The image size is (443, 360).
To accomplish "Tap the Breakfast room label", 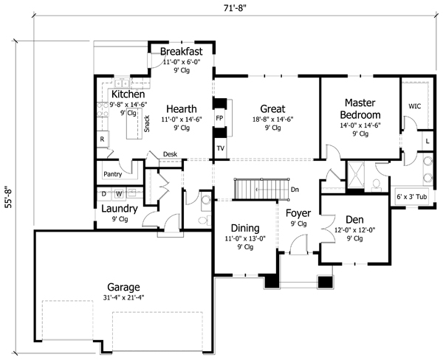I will [181, 53].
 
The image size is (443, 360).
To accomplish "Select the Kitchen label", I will [127, 95].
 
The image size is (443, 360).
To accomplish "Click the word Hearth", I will [181, 108].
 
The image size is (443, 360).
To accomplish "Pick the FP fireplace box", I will [219, 118].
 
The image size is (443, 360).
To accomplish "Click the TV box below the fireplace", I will [220, 148].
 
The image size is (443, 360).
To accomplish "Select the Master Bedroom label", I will [360, 109].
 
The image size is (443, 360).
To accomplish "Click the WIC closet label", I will [415, 106].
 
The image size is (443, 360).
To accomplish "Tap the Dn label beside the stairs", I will [295, 190].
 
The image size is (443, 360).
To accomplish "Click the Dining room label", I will [244, 229].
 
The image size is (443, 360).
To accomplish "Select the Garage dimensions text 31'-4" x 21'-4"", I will [123, 298].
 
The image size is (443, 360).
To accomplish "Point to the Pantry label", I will [113, 175].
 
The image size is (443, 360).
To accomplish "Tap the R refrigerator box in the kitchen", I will [103, 139].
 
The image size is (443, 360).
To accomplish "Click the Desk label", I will [171, 154].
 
